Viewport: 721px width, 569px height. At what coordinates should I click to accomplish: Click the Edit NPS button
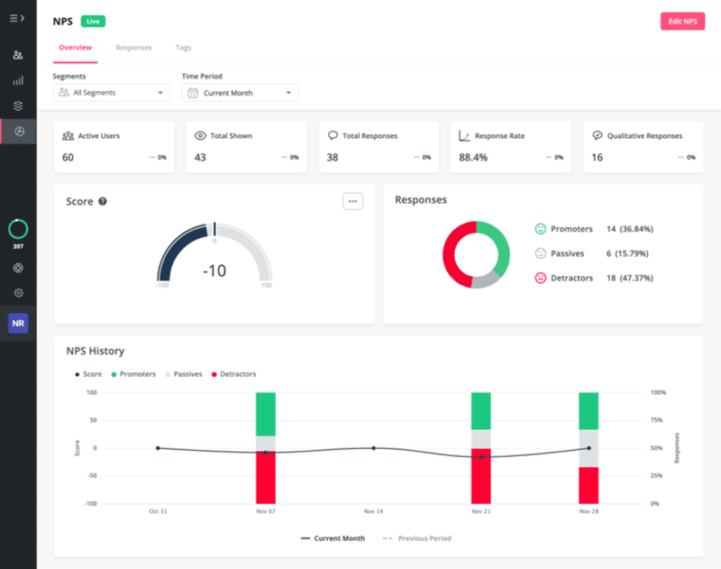click(x=682, y=21)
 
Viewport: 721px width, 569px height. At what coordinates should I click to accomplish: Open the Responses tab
click(x=133, y=48)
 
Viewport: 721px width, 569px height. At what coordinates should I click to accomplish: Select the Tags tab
click(x=183, y=48)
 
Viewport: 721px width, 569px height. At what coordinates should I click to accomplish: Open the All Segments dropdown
click(x=111, y=93)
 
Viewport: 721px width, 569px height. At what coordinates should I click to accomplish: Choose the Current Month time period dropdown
click(x=240, y=93)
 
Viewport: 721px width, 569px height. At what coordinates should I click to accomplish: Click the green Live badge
click(x=93, y=21)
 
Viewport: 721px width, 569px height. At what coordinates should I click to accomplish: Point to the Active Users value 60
click(x=68, y=158)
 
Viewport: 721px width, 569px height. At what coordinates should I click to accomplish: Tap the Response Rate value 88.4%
click(x=473, y=158)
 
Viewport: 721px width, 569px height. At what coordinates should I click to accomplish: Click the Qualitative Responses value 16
click(x=597, y=158)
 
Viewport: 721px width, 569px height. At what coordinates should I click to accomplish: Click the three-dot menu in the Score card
click(x=352, y=201)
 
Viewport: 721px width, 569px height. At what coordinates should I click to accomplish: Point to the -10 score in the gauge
click(x=214, y=271)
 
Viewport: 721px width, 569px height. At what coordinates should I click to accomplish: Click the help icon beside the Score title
click(x=103, y=201)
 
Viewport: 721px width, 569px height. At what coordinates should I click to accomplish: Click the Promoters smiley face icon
click(x=541, y=229)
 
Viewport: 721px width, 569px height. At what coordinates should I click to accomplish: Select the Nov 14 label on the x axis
click(x=373, y=511)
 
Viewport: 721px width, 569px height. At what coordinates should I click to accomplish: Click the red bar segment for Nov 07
click(x=265, y=478)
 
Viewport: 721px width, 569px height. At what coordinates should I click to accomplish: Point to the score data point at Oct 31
click(x=158, y=448)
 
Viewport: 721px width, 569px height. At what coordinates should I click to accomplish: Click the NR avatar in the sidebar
click(x=18, y=323)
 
